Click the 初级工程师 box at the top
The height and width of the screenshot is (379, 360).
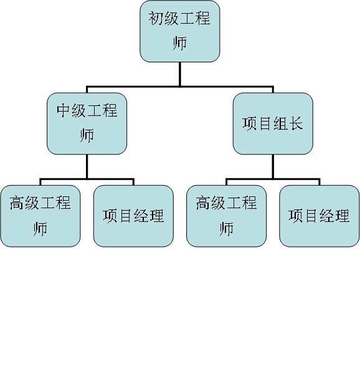pyautogui.click(x=180, y=31)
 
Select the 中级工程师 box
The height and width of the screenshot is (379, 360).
pyautogui.click(x=87, y=123)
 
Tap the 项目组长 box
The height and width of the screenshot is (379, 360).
pyautogui.click(x=273, y=123)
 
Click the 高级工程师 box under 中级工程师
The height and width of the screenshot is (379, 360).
pyautogui.click(x=40, y=216)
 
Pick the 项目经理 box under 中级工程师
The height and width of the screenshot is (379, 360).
pyautogui.click(x=133, y=216)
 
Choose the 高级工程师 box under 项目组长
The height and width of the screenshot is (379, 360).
pyautogui.click(x=227, y=216)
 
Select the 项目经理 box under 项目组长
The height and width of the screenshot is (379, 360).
pyautogui.click(x=320, y=216)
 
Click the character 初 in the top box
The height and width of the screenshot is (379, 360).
pyautogui.click(x=156, y=18)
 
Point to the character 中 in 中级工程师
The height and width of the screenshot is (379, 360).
pyautogui.click(x=64, y=110)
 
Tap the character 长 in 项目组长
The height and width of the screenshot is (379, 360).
pyautogui.click(x=296, y=123)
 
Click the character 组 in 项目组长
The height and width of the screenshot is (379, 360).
pyautogui.click(x=281, y=123)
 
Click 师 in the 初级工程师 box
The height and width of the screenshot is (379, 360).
pyautogui.click(x=180, y=43)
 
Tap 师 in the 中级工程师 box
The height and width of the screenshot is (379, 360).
pyautogui.click(x=87, y=136)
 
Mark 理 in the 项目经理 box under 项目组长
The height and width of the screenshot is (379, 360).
pyautogui.click(x=342, y=216)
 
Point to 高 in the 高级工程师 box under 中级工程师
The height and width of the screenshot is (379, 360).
pyautogui.click(x=17, y=203)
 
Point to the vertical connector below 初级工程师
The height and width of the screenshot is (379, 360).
pyautogui.click(x=180, y=74)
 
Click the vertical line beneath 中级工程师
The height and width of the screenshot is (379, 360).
pyautogui.click(x=87, y=166)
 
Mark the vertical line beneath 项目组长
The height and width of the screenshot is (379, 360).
pyautogui.click(x=273, y=166)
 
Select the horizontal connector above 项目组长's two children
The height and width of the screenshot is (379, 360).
pyautogui.click(x=273, y=179)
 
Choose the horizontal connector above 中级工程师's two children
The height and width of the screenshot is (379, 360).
pyautogui.click(x=87, y=179)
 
